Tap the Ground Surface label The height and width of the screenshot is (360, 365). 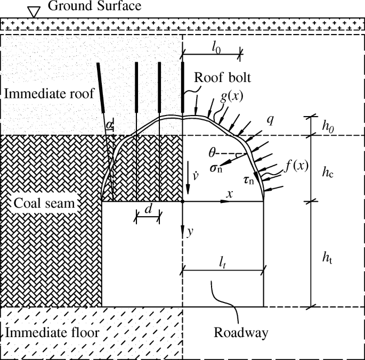point(94,6)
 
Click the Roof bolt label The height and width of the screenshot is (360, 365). point(222,77)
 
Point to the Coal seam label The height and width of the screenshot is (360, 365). point(45,203)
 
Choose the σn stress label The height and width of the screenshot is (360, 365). point(216,168)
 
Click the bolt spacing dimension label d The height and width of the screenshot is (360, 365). point(150,209)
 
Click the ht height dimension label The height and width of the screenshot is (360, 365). point(331,256)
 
